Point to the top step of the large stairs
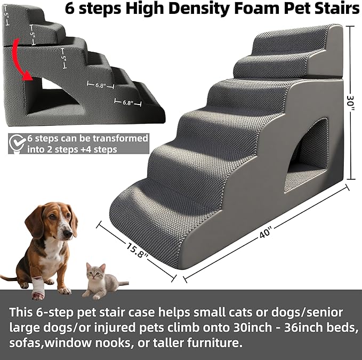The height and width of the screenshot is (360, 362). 293,41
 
